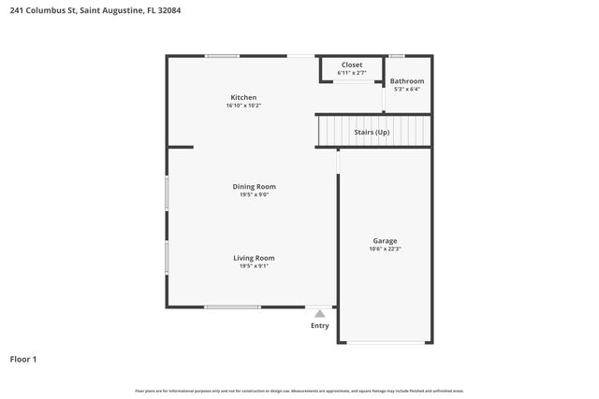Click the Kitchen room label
coord(243,97)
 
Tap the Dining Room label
coord(254,186)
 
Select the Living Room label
coord(254,258)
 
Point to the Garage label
coord(385,239)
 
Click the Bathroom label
coord(407,81)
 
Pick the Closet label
coord(352,64)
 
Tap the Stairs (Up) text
coord(372,132)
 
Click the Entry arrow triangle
coord(320,314)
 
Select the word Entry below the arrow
coord(320,326)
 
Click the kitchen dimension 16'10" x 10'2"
coord(243,106)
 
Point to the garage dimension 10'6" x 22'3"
coord(385,248)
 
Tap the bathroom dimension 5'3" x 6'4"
coord(407,90)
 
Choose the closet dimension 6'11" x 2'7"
coord(352,72)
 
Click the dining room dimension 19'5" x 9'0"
coord(254,194)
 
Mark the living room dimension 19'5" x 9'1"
coord(254,266)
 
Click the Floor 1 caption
coord(23,359)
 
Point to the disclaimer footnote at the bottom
coord(299,391)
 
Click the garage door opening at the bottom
coord(385,342)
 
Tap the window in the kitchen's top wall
coord(222,56)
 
